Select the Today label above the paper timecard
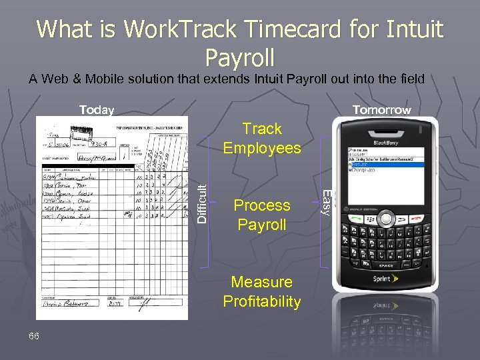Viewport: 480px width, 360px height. pyautogui.click(x=97, y=110)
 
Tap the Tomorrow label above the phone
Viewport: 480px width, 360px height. pyautogui.click(x=381, y=110)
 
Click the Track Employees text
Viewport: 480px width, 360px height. pyautogui.click(x=262, y=138)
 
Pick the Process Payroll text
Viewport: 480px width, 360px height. pyautogui.click(x=262, y=215)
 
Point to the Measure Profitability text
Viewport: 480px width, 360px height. pyautogui.click(x=262, y=291)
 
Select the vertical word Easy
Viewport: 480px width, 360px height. pyautogui.click(x=325, y=202)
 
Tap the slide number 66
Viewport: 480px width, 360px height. pyautogui.click(x=35, y=336)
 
